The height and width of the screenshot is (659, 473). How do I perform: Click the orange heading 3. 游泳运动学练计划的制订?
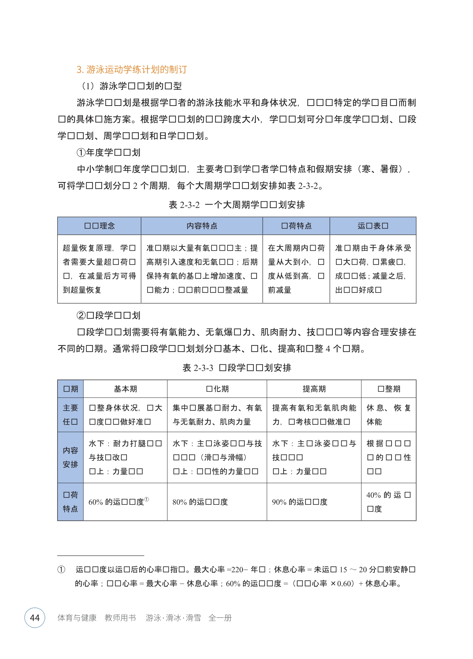point(132,70)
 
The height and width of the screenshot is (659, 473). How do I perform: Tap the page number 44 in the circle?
point(35,617)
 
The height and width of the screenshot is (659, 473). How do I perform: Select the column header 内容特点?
point(202,226)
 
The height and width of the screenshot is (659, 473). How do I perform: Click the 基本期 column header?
point(125,389)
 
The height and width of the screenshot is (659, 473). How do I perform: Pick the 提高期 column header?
point(314,389)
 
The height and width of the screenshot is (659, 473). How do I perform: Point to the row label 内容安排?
point(70,457)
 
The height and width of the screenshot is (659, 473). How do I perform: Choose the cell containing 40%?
point(388,502)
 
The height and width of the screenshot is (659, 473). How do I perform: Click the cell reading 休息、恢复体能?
point(388,415)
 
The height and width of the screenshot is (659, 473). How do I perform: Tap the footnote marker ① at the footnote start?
point(61,570)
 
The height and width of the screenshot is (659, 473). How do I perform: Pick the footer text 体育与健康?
point(77,618)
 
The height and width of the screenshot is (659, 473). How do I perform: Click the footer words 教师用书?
point(120,618)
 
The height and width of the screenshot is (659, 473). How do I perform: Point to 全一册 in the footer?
point(220,618)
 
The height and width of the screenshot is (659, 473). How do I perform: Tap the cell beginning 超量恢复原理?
point(99,269)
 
